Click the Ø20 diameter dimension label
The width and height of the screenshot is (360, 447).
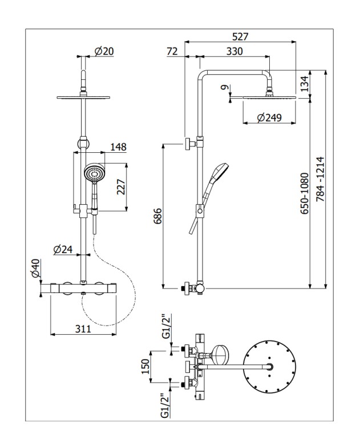104,51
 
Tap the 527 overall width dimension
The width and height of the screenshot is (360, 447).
240,36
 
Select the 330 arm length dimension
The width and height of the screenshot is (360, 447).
234,51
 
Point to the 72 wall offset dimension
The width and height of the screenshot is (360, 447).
172,51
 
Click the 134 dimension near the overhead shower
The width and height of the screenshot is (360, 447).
305,83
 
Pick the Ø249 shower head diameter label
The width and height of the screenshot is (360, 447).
269,117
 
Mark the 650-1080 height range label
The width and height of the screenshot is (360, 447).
305,193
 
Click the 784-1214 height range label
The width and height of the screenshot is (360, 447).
321,179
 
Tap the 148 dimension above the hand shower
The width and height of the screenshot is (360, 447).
119,147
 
